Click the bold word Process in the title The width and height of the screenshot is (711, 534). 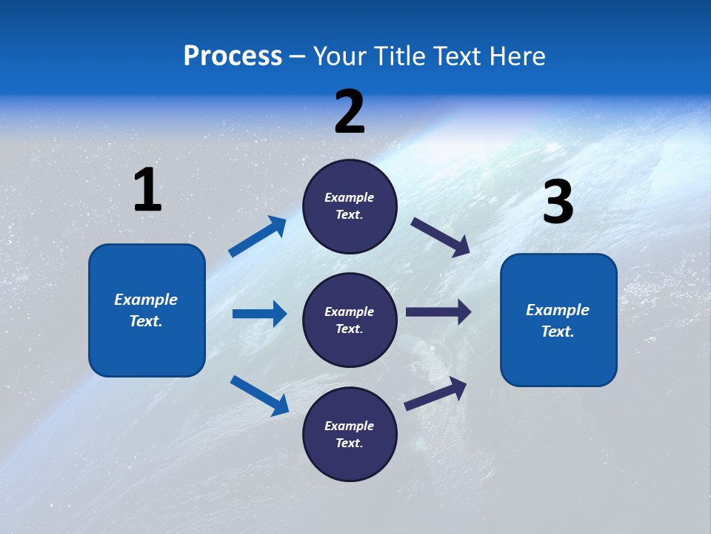point(233,56)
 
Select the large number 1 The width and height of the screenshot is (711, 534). point(147,191)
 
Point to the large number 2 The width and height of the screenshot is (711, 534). point(350,112)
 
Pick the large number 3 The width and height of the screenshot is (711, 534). point(558,202)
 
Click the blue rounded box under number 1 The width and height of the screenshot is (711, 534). point(147,349)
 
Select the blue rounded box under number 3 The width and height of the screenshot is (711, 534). point(558,363)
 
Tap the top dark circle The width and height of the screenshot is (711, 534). point(350,178)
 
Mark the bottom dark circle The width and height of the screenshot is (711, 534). point(350,460)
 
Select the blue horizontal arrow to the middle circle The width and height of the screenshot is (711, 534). point(259,314)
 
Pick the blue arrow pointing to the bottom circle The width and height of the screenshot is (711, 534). point(259,395)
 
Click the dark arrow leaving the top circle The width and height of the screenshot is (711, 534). point(441,237)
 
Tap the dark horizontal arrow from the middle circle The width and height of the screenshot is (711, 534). point(438,312)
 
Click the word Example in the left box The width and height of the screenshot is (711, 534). point(146,300)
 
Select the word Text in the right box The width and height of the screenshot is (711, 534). point(558,332)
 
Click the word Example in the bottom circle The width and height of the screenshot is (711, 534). point(350,426)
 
